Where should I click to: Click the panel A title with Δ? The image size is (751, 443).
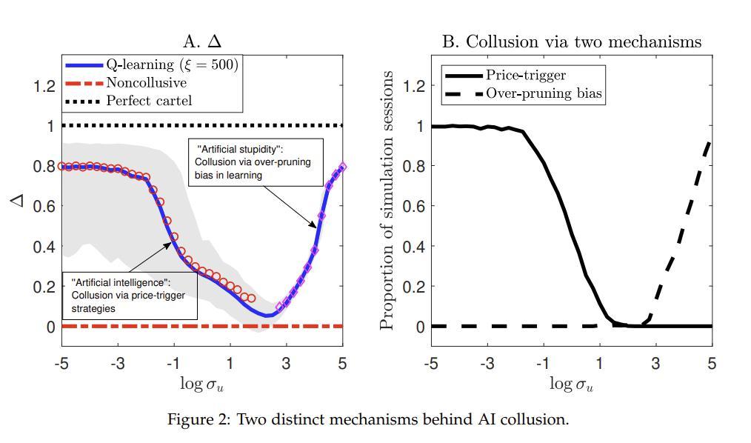click(x=201, y=41)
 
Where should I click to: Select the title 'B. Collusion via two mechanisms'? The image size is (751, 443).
click(x=571, y=41)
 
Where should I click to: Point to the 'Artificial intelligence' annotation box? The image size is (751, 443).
click(x=130, y=296)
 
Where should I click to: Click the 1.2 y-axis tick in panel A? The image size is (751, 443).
click(x=45, y=86)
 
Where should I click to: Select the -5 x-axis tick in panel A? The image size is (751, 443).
click(x=61, y=364)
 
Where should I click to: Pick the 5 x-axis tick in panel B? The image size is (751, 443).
click(x=712, y=364)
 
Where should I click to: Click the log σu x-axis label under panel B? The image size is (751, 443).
click(x=571, y=384)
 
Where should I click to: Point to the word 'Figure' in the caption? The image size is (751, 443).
click(x=190, y=420)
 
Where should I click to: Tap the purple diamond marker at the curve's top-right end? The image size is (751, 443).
click(x=342, y=167)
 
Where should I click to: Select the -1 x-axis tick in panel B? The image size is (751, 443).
click(x=543, y=364)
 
